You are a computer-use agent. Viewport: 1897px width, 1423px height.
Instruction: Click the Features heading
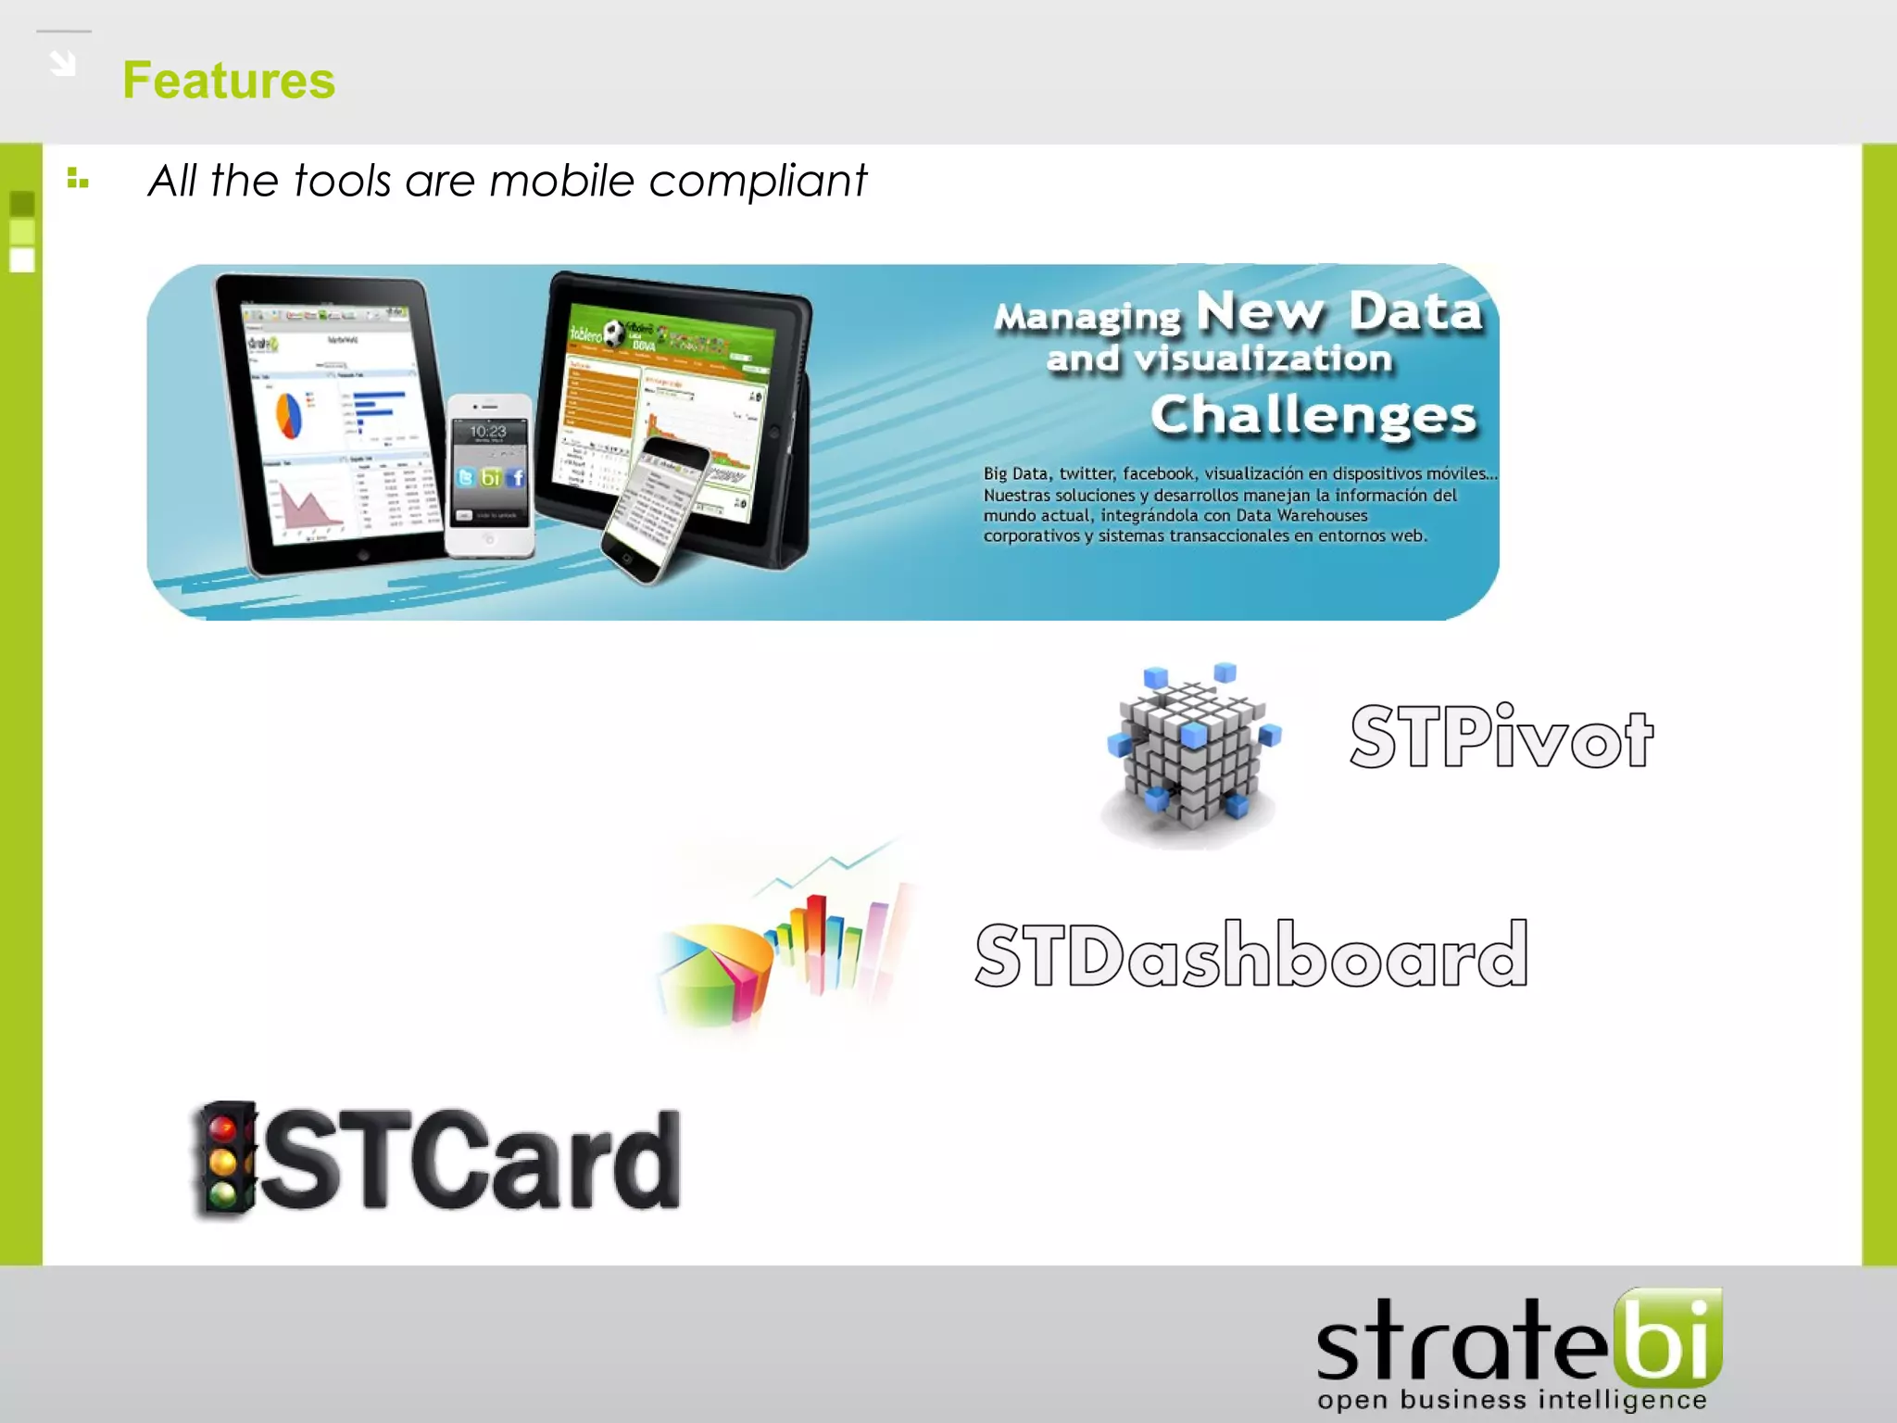229,81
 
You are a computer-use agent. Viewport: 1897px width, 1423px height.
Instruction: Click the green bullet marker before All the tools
78,178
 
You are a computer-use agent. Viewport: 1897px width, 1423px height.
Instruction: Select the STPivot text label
1501,737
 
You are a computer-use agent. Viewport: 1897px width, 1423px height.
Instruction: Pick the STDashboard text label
1250,954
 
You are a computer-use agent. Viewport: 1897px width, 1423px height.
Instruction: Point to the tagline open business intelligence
1512,1399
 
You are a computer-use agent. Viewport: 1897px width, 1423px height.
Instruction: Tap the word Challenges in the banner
1313,415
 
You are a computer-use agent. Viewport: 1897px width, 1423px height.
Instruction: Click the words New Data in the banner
1339,311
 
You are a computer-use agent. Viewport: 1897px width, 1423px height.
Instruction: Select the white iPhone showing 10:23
489,474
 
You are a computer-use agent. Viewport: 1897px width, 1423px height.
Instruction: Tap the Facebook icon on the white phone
516,477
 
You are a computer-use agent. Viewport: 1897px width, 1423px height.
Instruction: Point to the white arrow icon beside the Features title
63,63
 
